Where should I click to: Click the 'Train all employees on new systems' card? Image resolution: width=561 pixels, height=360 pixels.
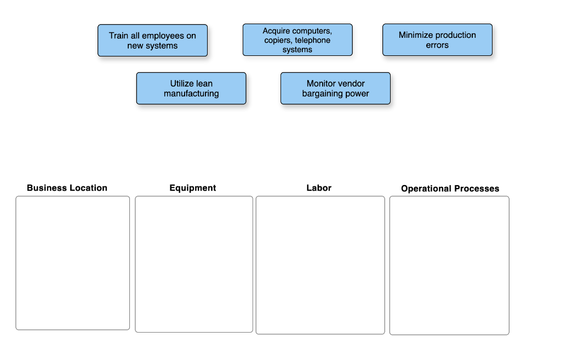152,41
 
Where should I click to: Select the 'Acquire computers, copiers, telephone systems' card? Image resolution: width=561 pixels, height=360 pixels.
297,40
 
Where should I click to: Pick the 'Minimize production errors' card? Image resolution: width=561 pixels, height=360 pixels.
437,40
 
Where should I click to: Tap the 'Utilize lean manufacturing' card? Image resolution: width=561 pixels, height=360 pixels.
191,89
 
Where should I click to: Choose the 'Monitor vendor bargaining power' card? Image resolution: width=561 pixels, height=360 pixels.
335,89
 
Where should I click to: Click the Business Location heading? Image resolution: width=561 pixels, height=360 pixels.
67,188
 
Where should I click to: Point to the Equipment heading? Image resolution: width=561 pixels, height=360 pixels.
193,188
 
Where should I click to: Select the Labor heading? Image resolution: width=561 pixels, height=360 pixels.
319,188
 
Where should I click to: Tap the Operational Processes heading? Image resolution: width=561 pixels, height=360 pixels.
450,188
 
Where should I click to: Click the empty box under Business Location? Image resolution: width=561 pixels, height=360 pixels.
73,263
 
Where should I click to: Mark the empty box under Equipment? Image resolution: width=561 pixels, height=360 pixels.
194,264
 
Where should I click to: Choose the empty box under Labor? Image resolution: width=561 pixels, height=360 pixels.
320,265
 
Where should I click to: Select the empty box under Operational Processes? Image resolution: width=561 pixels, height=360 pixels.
449,265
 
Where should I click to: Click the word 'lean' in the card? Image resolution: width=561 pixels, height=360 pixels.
204,84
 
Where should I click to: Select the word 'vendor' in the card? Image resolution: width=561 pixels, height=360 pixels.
351,84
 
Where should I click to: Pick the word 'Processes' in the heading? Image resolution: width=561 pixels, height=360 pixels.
476,188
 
